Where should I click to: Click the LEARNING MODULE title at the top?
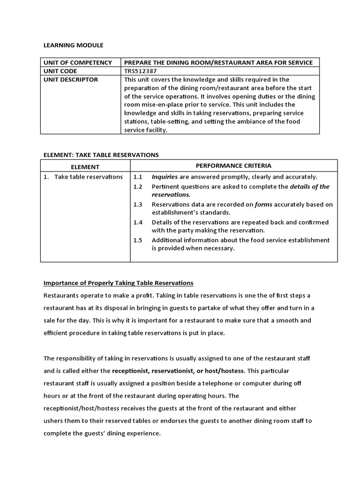(73, 45)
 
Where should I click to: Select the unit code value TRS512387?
(140, 71)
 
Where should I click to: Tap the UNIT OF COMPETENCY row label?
(77, 62)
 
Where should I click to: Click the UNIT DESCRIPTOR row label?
(71, 80)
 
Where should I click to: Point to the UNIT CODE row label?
(62, 71)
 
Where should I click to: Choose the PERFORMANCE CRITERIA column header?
(233, 165)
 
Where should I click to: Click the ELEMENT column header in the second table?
(85, 166)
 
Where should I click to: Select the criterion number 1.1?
(137, 177)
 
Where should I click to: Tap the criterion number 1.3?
(137, 204)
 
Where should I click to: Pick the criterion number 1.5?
(137, 240)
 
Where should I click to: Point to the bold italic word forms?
(263, 204)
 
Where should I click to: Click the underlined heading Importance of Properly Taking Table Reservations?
(118, 283)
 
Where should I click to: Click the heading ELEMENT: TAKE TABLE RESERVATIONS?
(101, 155)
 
